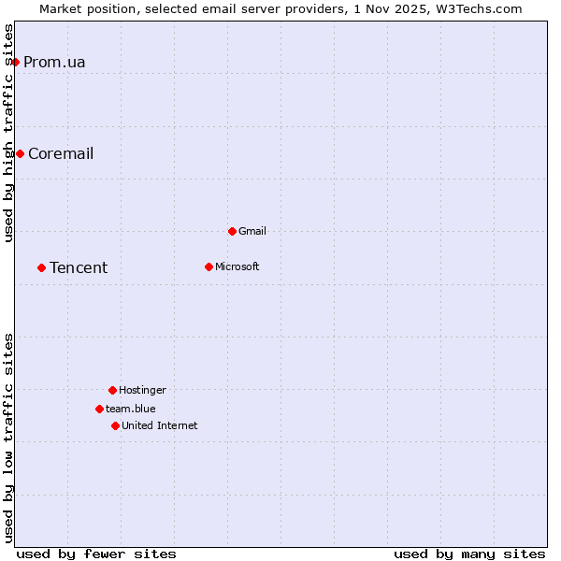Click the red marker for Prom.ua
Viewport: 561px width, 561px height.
pos(15,62)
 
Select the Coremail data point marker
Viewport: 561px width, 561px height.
pos(20,153)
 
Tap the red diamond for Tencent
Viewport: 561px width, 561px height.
pos(41,267)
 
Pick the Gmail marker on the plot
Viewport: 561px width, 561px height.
pos(232,231)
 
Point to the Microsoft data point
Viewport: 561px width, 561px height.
pos(209,266)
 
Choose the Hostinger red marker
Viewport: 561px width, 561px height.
pos(112,390)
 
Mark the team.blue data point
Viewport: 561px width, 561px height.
pos(99,409)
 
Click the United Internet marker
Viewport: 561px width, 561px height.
pos(115,425)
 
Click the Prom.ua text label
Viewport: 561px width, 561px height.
pos(54,63)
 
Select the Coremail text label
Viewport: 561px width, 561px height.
pos(61,154)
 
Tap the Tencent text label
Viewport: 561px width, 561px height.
pos(79,268)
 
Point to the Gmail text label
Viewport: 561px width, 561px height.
pos(252,231)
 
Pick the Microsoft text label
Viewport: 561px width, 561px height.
pos(237,266)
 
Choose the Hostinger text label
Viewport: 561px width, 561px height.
pos(142,390)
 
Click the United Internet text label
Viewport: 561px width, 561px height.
pos(160,425)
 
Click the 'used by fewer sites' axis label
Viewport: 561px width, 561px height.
pos(96,554)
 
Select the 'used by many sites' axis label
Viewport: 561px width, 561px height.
pos(469,554)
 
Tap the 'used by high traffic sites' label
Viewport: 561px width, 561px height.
pos(9,133)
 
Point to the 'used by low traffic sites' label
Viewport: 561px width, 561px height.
pos(9,437)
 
